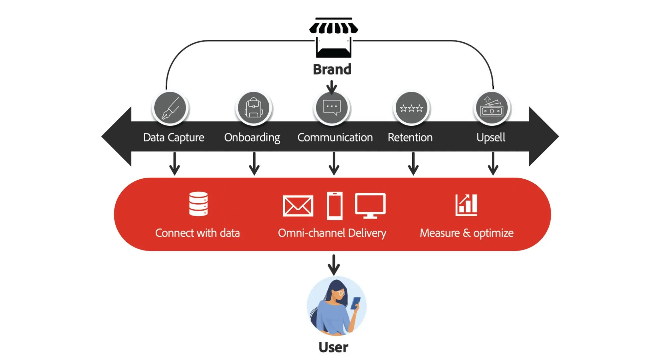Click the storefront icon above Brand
tap(333, 37)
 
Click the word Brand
tap(332, 69)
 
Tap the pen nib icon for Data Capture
tap(170, 108)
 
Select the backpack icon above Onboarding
tap(253, 108)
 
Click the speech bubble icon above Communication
tap(332, 107)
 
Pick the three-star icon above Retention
tap(411, 108)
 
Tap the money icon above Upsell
tap(492, 108)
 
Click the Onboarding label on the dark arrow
tap(252, 137)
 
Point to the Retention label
tap(410, 137)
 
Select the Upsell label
tap(491, 137)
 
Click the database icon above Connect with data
tap(199, 204)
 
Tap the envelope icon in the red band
tap(298, 206)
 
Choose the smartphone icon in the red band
tap(334, 206)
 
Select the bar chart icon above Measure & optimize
tap(466, 205)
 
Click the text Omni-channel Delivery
tap(332, 233)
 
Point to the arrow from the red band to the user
tap(334, 265)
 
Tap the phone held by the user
tap(356, 303)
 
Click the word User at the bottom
tap(333, 347)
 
